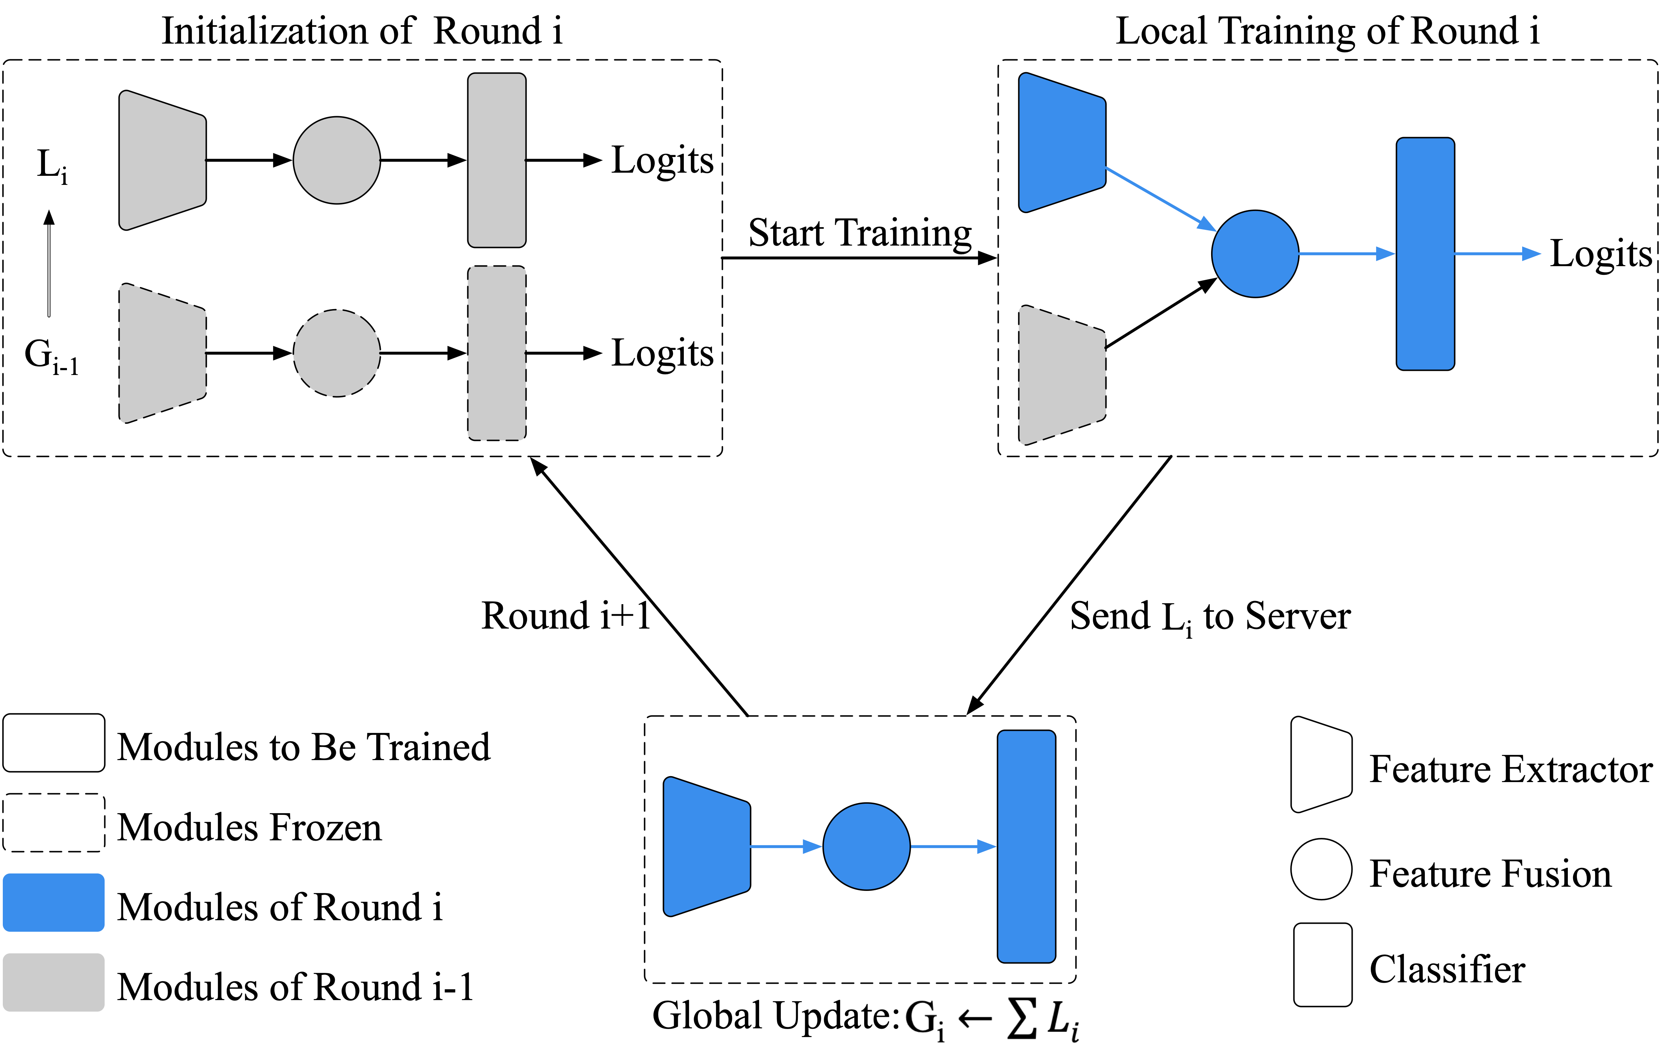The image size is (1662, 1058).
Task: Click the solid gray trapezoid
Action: tap(162, 160)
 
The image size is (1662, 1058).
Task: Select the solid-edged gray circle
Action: tap(337, 160)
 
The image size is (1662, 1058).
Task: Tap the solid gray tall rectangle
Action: tap(497, 160)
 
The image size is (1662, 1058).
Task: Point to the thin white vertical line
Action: tap(49, 271)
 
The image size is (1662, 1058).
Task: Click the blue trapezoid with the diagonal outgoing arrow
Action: tap(1062, 142)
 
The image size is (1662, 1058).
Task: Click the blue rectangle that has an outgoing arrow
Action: tap(1425, 254)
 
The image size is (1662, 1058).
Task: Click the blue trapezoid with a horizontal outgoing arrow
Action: tap(706, 847)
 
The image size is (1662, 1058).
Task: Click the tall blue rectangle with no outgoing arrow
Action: tap(1026, 847)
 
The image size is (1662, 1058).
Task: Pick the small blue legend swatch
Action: tap(54, 903)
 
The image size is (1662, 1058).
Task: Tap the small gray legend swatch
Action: tap(54, 983)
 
